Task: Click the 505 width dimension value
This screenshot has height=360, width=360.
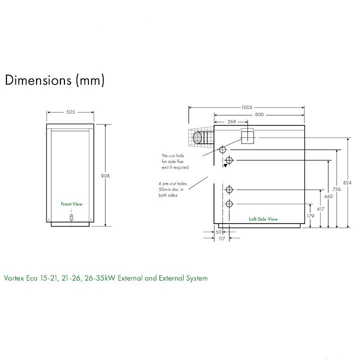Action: tap(70, 112)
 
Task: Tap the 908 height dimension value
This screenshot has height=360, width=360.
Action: tap(105, 176)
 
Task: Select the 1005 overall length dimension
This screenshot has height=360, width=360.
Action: tap(247, 107)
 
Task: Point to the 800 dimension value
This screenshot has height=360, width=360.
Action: tap(259, 114)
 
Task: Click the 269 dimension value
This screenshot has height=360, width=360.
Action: tap(231, 121)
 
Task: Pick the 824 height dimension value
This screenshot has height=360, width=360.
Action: tap(347, 183)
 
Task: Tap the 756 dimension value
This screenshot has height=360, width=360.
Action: tap(336, 189)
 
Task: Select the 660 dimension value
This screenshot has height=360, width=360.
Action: tap(328, 196)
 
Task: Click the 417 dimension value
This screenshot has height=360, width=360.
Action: tap(320, 209)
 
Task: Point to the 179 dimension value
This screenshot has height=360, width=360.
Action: tap(310, 216)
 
